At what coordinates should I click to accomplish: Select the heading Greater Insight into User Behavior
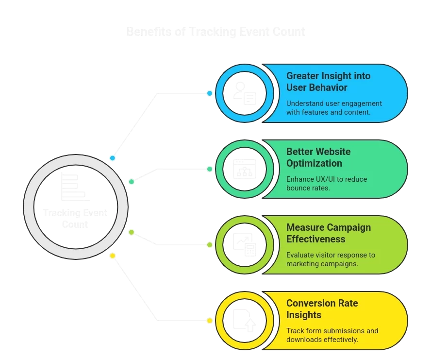(x=328, y=82)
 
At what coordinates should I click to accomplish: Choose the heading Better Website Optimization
(x=318, y=157)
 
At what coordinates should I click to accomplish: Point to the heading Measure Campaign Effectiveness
(x=328, y=233)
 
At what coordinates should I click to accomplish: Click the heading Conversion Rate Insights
(x=322, y=309)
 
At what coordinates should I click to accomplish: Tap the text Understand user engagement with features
(x=334, y=108)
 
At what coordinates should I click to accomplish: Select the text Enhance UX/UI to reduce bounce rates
(x=326, y=184)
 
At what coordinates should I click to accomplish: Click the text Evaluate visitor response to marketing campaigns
(x=330, y=259)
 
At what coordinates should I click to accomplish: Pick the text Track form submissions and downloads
(x=332, y=335)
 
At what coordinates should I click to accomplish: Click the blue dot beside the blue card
(x=210, y=93)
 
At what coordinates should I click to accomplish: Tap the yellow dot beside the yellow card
(x=210, y=321)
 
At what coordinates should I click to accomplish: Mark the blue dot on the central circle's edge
(x=113, y=158)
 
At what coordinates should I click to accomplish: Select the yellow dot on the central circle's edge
(x=113, y=256)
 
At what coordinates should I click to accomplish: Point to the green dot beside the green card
(x=210, y=169)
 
